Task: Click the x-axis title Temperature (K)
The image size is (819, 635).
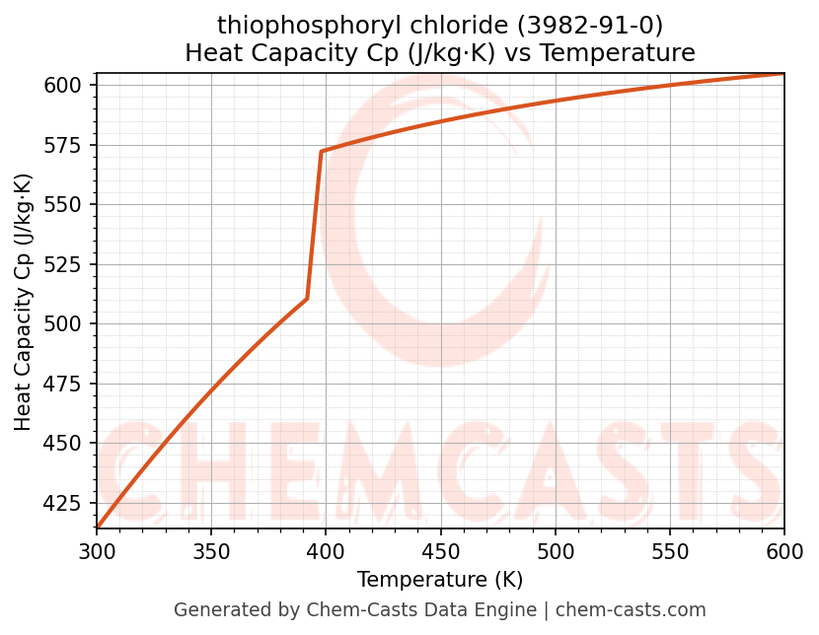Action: click(x=440, y=580)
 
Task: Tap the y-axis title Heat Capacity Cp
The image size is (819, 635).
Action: click(x=24, y=302)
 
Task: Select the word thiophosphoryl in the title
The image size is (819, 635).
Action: click(x=281, y=24)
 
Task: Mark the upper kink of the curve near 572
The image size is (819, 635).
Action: click(x=322, y=152)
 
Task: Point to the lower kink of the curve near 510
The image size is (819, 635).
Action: click(x=307, y=299)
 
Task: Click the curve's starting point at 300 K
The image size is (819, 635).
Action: click(x=97, y=528)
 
